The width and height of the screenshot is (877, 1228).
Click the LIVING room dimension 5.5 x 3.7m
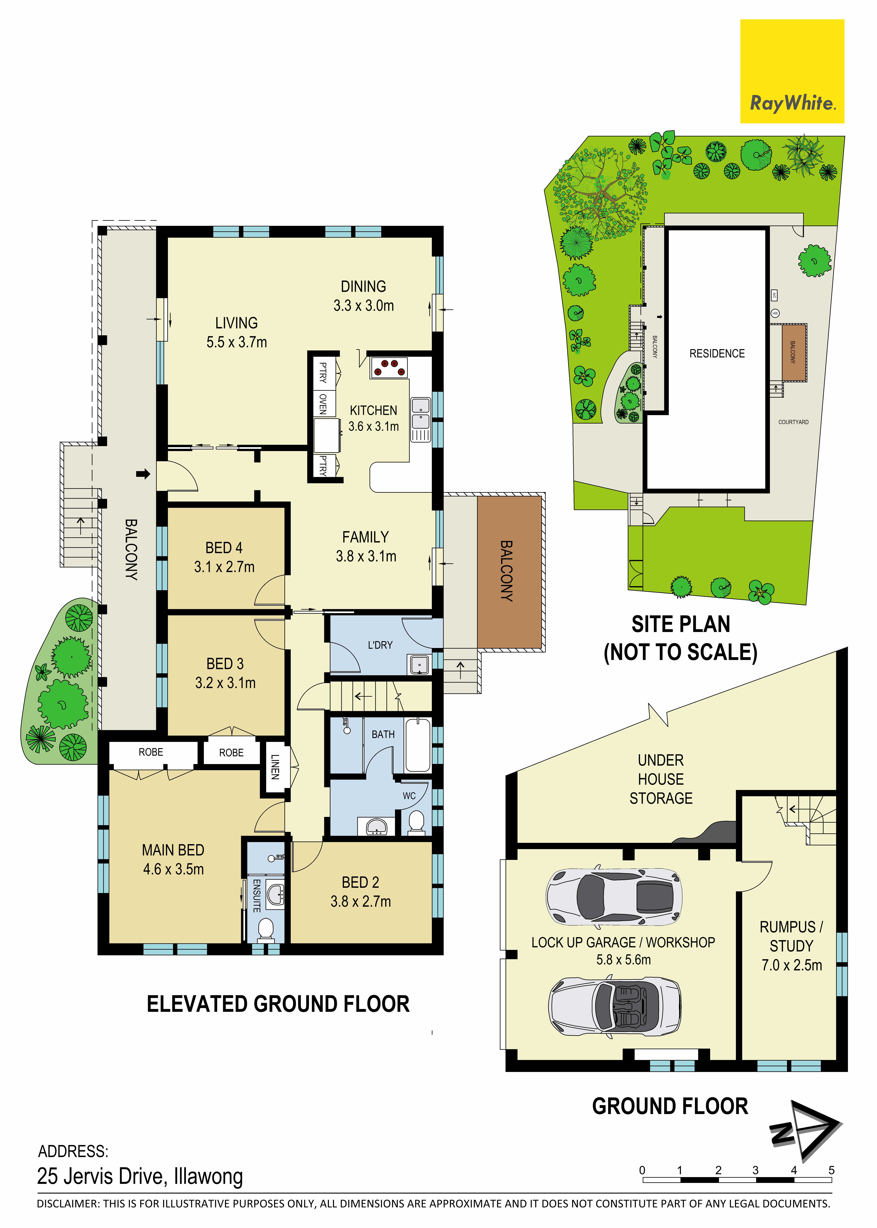237,342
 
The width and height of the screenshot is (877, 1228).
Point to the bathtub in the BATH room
418,745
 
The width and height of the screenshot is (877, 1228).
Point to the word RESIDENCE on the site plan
717,354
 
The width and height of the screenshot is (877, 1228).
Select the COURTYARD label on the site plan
793,422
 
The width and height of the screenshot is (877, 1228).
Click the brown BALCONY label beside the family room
506,571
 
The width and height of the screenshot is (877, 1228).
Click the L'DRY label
380,645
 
